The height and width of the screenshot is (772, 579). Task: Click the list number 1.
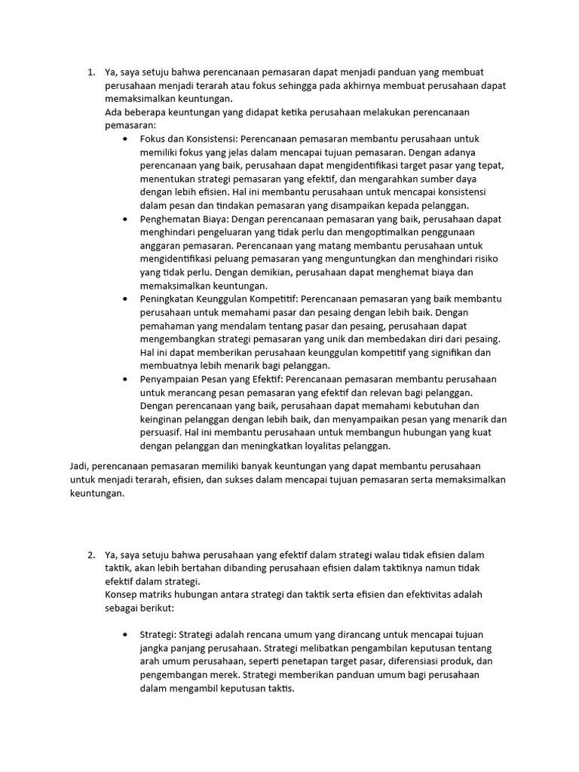pos(90,72)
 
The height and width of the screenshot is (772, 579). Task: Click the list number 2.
pos(90,556)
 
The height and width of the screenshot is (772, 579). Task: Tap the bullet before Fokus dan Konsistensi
pos(124,139)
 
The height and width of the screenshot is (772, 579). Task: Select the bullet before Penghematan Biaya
pos(124,219)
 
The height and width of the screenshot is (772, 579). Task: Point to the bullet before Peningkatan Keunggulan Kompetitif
pos(124,299)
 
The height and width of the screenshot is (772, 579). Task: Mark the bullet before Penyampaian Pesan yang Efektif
pos(124,379)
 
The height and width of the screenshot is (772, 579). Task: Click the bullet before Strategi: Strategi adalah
pos(124,636)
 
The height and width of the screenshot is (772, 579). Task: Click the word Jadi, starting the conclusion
pos(79,466)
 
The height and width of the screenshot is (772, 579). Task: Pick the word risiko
pos(482,259)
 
